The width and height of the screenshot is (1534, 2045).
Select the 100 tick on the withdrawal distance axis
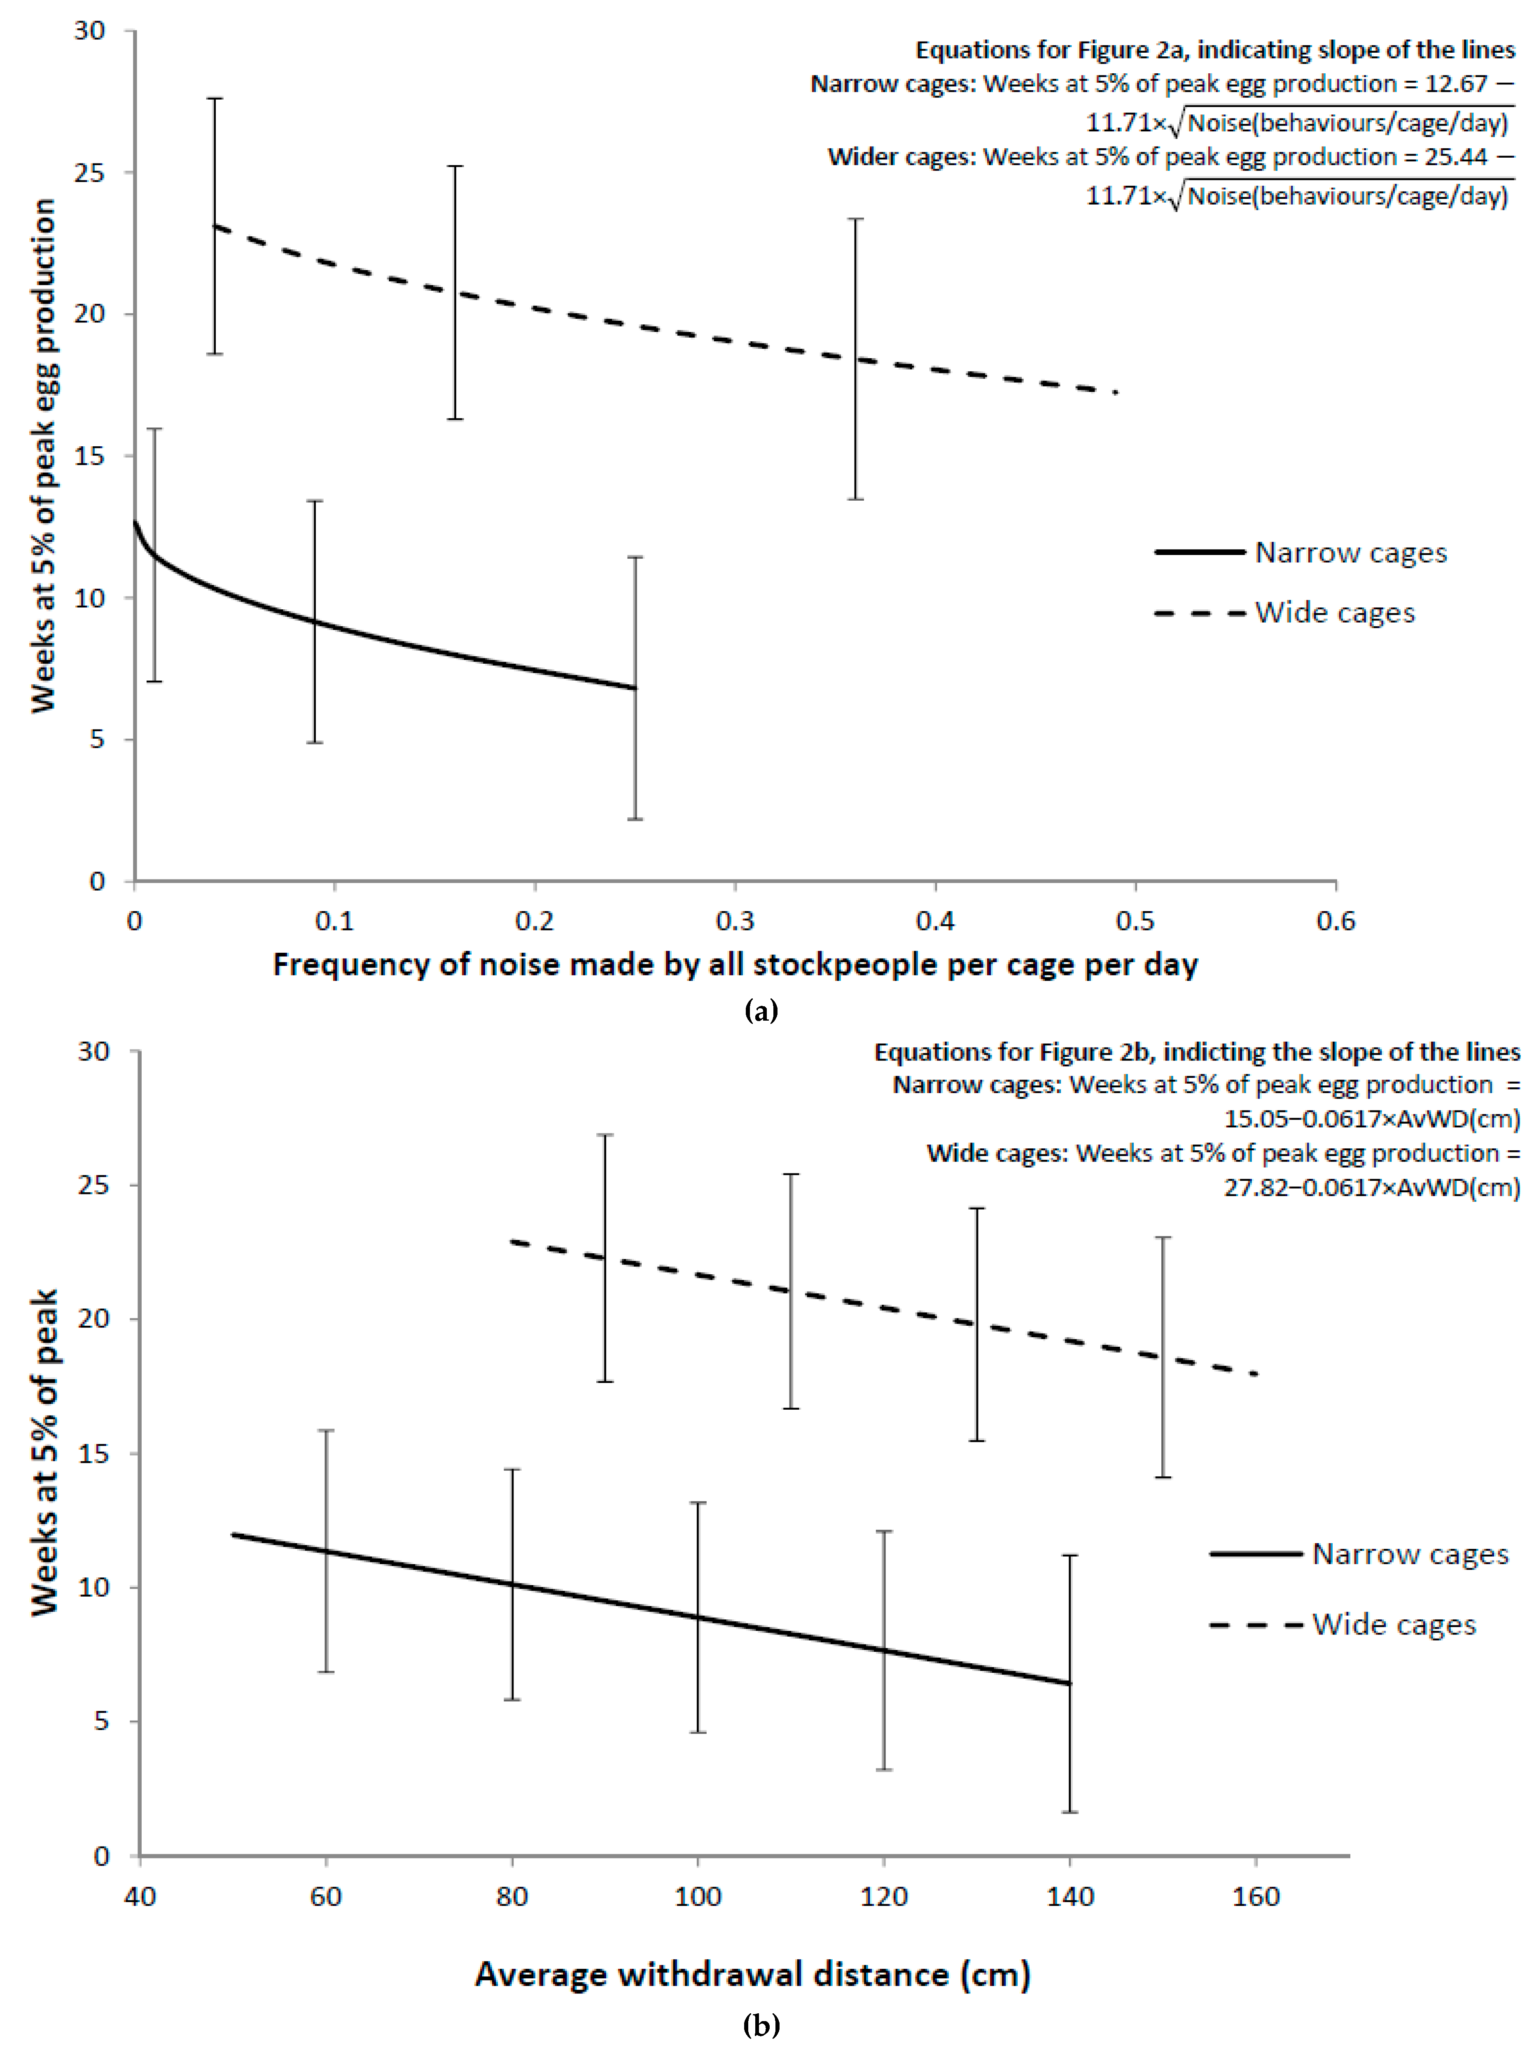(697, 1897)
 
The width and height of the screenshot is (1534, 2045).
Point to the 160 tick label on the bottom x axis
(1256, 1897)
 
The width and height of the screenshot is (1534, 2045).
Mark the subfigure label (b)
(761, 2025)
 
